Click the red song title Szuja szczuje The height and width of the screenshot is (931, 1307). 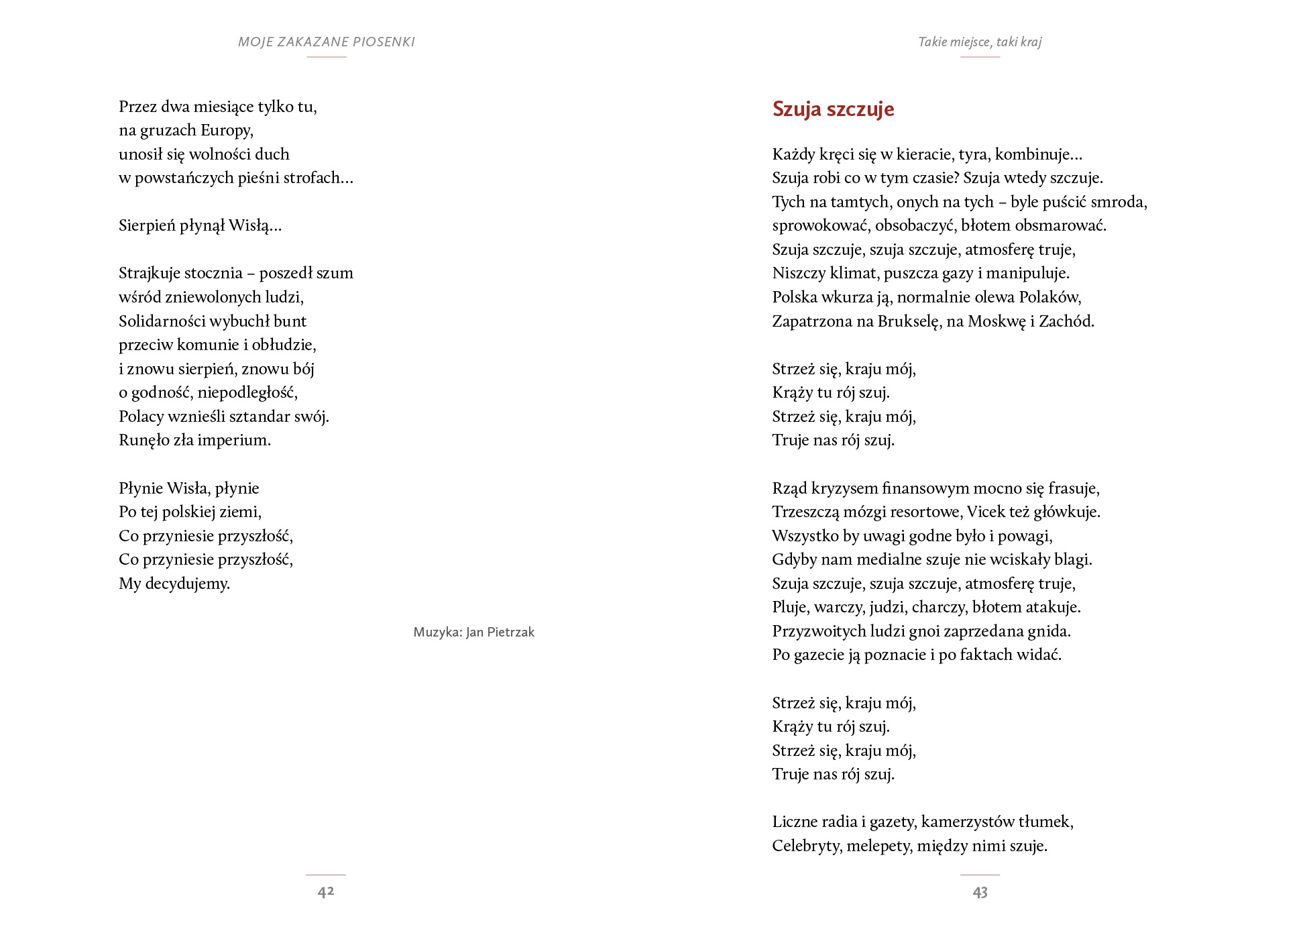[x=833, y=109]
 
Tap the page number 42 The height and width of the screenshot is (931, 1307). [x=326, y=891]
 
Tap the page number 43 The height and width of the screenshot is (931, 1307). [x=980, y=892]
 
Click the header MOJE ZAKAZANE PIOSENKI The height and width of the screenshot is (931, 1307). [x=327, y=42]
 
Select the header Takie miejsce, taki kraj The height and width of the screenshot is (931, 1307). [x=979, y=42]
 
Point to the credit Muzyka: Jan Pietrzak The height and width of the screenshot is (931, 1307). [x=473, y=632]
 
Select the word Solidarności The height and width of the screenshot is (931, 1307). [x=162, y=321]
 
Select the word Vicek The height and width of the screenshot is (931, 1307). [x=986, y=512]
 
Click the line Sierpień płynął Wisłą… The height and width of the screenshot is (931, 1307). [x=201, y=225]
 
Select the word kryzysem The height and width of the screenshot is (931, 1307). [x=844, y=488]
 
